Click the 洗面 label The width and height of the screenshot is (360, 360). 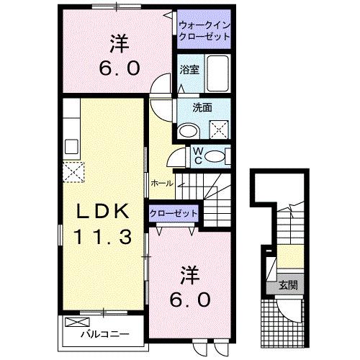coord(202,108)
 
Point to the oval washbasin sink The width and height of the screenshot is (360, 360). coord(189,130)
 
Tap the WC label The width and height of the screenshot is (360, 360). coord(197,154)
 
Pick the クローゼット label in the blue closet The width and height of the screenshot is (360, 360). coord(173,214)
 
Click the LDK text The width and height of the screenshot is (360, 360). coord(104,211)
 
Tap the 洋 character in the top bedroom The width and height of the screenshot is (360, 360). coord(119,44)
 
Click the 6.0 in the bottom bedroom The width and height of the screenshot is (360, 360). coord(189,297)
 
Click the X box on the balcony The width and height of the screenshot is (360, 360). coord(73,323)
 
